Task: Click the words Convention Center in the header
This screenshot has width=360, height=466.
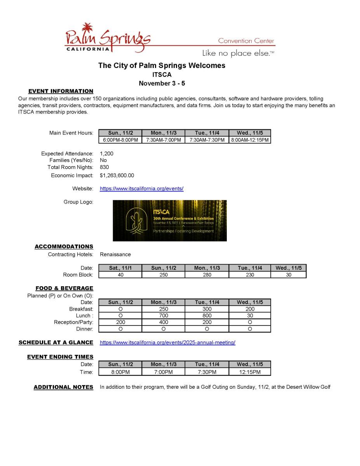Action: coord(246,41)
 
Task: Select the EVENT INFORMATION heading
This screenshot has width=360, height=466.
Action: coord(61,91)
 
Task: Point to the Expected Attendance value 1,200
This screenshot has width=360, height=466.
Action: coord(106,153)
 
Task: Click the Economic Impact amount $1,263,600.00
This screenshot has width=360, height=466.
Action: coord(117,176)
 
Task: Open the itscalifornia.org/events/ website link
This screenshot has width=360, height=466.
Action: coord(141,189)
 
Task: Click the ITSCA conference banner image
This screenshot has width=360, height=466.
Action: coord(170,221)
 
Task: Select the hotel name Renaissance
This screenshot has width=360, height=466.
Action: coord(115,254)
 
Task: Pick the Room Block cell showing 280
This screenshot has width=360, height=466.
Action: coord(207,275)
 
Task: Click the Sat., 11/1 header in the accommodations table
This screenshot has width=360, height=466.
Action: coord(120,268)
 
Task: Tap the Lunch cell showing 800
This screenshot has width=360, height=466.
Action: coord(207,316)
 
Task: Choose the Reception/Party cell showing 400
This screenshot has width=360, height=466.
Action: coord(163,322)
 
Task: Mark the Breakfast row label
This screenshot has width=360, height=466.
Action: coord(81,309)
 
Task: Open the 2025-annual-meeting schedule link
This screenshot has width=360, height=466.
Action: coord(167,343)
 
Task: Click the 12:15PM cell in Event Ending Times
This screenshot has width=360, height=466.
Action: coord(250,372)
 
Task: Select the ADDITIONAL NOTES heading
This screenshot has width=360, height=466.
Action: coord(63,387)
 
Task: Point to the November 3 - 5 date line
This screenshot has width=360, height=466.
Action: coord(162,83)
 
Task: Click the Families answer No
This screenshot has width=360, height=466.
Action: coord(103,160)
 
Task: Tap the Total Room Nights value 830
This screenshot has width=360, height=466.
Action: coord(104,167)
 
